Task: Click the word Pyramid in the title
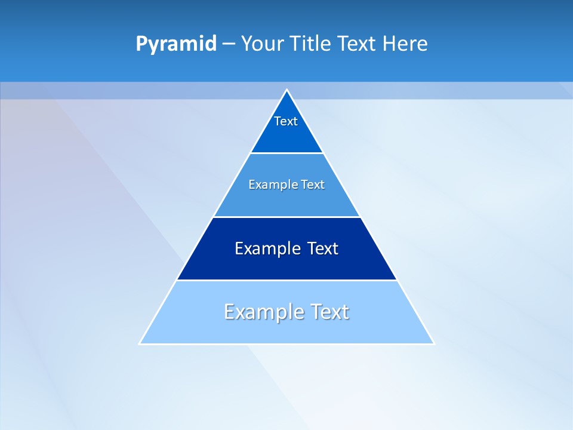(x=175, y=44)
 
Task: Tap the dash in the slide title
(x=229, y=44)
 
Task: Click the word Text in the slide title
(x=358, y=44)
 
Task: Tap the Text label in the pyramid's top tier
(x=286, y=121)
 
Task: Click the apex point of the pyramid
(x=286, y=90)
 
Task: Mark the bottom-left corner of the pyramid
(x=140, y=344)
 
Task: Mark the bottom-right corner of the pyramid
(x=434, y=344)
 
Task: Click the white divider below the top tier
(x=286, y=153)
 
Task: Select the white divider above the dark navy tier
(x=286, y=217)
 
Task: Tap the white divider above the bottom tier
(x=286, y=280)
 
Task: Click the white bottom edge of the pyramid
(x=286, y=344)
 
